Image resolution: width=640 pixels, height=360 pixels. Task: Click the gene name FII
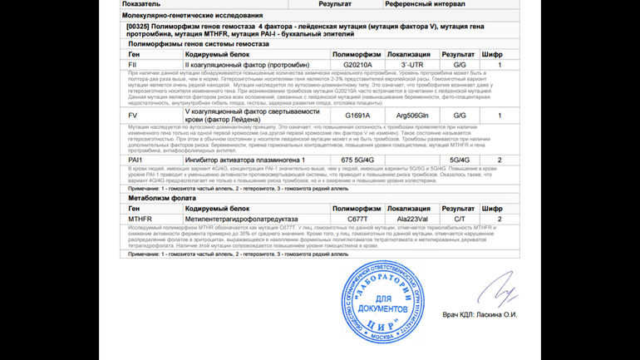click(x=133, y=64)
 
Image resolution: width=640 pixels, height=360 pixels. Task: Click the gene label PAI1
click(x=135, y=159)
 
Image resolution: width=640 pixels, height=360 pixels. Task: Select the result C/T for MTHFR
click(x=460, y=218)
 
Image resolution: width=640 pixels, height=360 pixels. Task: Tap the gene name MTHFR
click(x=139, y=218)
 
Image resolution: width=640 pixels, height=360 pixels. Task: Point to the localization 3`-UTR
click(x=411, y=64)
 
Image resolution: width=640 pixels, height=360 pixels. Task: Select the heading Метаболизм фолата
click(x=160, y=199)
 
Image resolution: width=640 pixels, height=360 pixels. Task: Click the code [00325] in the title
click(x=139, y=26)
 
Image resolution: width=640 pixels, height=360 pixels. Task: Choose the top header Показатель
click(x=142, y=5)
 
